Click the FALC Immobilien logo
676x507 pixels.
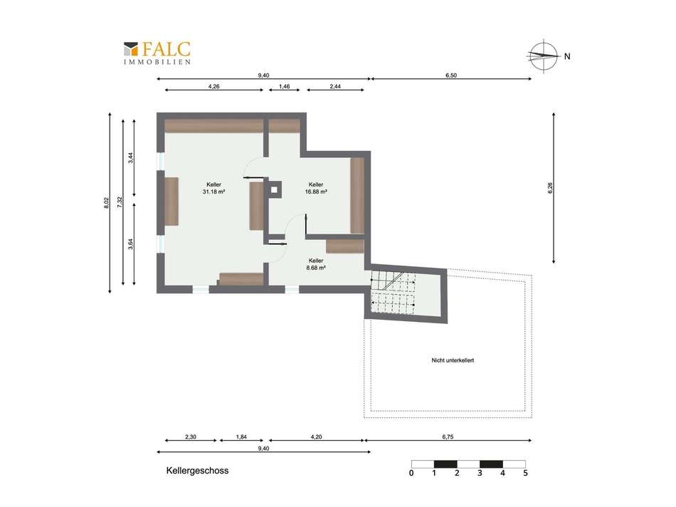(x=157, y=53)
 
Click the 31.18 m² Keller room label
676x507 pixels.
(x=214, y=188)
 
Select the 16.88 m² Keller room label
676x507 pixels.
(x=316, y=188)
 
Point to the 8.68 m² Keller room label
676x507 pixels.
(x=316, y=264)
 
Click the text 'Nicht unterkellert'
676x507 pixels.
(x=453, y=360)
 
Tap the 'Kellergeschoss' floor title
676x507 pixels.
(x=197, y=471)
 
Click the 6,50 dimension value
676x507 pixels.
(x=451, y=75)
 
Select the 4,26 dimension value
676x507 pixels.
(x=214, y=86)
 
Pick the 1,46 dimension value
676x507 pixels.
(x=284, y=86)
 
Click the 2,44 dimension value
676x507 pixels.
(x=335, y=86)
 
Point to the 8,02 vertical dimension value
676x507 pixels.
(x=107, y=203)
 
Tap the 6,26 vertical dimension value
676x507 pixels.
(x=550, y=188)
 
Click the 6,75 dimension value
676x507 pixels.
(x=448, y=437)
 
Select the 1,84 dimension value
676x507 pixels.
(x=241, y=437)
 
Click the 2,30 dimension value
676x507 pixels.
(x=191, y=437)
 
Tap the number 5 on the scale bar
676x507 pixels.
(x=525, y=473)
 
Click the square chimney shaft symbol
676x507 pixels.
(x=275, y=189)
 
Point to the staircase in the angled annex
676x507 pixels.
(x=394, y=292)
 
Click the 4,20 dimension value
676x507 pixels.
(x=316, y=437)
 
